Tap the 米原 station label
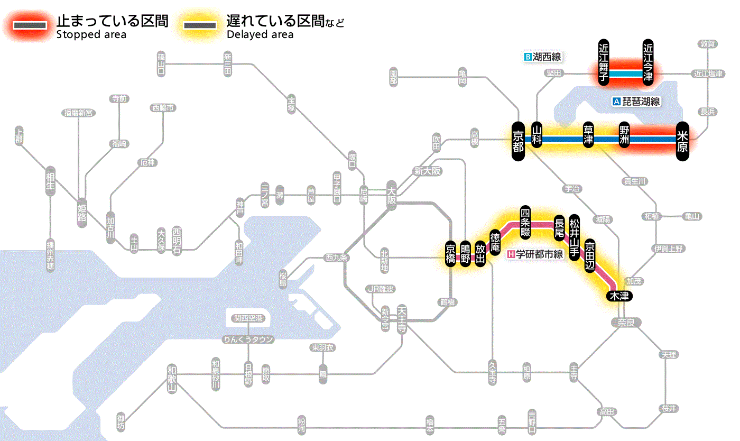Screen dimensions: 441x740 pos(682,140)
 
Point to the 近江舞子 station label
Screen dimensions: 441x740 pos(604,62)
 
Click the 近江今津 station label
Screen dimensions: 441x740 pos(648,62)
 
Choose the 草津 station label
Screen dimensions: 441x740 pos(588,135)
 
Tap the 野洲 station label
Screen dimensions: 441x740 pos(624,135)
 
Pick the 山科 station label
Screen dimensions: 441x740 pos(537,135)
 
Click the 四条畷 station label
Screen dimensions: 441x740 pos(525,221)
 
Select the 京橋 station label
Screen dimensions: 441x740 pos(450,254)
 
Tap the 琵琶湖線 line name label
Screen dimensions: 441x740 pos(636,102)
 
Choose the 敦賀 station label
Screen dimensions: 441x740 pos(707,44)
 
